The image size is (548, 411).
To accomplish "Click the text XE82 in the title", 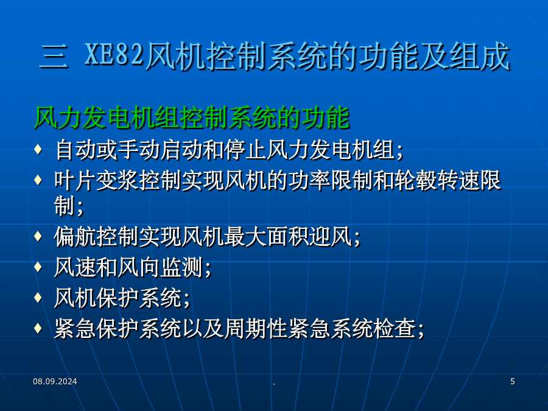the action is pos(114,55).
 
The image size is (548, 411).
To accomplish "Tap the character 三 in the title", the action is pos(54,56).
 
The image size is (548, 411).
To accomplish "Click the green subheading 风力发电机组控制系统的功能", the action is pos(192,118).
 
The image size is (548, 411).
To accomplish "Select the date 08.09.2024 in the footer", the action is pos(55,381).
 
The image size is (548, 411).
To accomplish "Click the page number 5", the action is pos(512,381).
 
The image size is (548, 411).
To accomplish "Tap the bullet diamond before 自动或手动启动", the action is pos(38,149).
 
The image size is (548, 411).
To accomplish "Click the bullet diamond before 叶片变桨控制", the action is pos(38,180).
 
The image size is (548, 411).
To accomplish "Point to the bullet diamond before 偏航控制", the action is pos(38,236).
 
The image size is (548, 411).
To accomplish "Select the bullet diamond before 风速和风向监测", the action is pos(38,267).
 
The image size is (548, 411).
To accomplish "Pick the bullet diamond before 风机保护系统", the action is pos(38,297).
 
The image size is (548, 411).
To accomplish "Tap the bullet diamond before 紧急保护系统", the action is pos(38,328).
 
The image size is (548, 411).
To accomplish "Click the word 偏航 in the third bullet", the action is pos(75,237).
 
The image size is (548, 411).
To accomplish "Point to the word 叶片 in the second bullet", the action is pos(75,181).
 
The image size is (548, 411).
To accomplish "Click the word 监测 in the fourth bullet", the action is pos(181,268).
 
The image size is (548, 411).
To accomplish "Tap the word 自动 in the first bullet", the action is pos(76,150).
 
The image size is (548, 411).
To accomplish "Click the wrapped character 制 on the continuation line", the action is pos(65,206).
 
